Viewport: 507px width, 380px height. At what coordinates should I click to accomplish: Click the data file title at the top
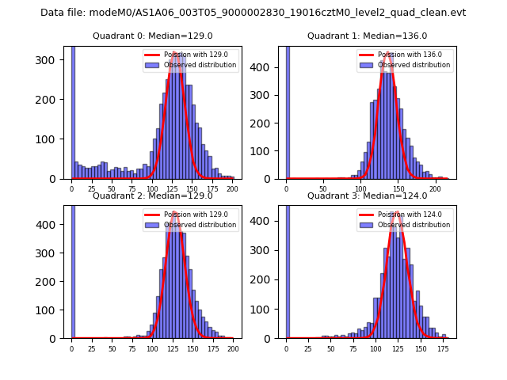tap(253, 13)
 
